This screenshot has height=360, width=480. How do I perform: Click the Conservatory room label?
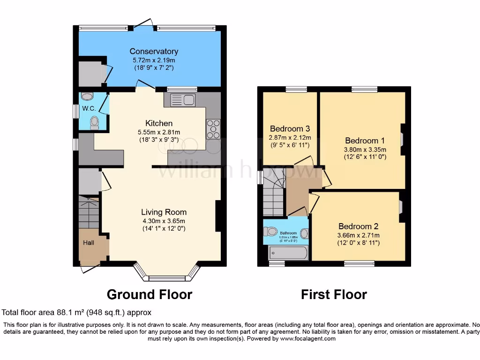coord(154,51)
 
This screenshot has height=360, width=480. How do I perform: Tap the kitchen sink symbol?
coord(183,100)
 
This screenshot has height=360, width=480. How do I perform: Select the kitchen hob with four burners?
coord(213,129)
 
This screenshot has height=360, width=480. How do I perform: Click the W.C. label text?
coord(89,108)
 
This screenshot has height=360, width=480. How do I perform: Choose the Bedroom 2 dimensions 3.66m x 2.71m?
coord(359,235)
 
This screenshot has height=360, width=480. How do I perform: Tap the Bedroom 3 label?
coord(290,129)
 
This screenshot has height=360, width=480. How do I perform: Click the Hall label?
coord(89,243)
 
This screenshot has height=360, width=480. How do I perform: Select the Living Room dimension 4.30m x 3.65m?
coord(164,221)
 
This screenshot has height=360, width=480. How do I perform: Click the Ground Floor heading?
coord(149,294)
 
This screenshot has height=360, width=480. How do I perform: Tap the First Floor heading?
coord(334,294)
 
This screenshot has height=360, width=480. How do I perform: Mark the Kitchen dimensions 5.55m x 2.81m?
coord(158,132)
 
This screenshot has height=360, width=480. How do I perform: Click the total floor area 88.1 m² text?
coord(76,312)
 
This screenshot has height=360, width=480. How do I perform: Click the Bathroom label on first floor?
coord(288,233)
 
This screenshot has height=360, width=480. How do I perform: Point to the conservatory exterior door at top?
coord(142,24)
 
